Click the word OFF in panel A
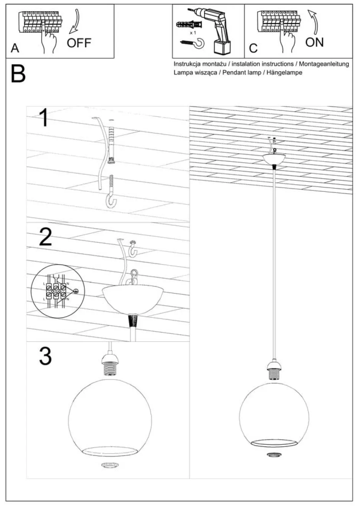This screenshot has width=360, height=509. (79, 43)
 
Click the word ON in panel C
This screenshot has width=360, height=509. (314, 42)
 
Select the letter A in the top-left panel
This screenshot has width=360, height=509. (15, 48)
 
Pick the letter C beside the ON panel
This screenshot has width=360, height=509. (253, 48)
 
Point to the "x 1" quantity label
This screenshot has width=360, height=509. (193, 33)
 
